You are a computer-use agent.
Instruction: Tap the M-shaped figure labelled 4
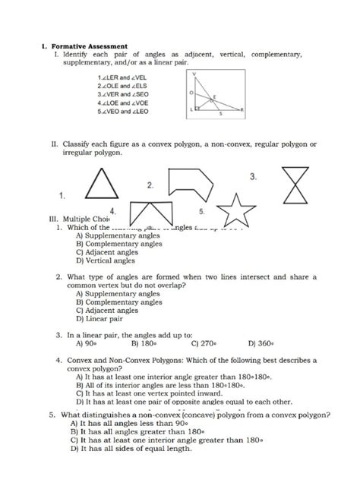click(x=148, y=215)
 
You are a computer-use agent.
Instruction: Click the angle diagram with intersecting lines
click(x=216, y=95)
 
